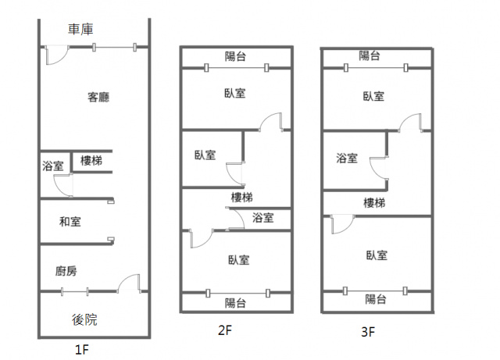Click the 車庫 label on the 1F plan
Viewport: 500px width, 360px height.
coord(80,30)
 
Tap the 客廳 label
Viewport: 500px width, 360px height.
coord(98,98)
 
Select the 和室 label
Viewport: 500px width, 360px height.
coord(70,222)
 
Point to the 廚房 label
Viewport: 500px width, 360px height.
coord(66,271)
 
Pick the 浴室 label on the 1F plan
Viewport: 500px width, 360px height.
coord(53,165)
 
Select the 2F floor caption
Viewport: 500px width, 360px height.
coord(225,330)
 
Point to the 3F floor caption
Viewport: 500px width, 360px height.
coord(369,332)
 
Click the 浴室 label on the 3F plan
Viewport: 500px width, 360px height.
coord(347,159)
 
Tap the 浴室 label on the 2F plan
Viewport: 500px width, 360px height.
coord(263,218)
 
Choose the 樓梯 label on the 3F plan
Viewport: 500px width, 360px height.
coord(374,203)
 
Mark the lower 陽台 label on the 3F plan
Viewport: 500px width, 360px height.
coord(376,299)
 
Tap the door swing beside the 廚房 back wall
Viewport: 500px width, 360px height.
coord(128,282)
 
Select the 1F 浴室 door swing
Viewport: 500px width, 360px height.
coord(62,184)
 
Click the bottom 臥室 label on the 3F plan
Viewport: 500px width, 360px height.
coord(376,255)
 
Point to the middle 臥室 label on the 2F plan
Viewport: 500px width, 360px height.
coord(205,155)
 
